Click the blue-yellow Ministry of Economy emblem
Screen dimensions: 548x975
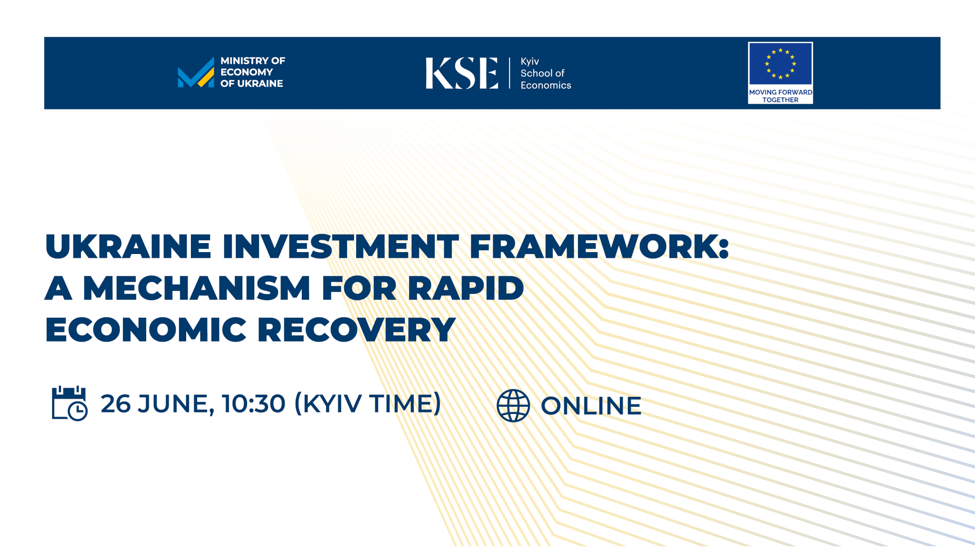[x=196, y=73]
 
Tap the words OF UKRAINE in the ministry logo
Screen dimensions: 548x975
[x=251, y=84]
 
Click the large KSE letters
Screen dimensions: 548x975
[x=461, y=73]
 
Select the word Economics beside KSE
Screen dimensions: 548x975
[x=546, y=85]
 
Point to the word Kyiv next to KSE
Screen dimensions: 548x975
[x=529, y=61]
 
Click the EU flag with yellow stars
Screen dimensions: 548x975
[x=780, y=64]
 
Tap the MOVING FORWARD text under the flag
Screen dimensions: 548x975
[x=780, y=92]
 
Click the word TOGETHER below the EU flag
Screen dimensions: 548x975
[x=780, y=100]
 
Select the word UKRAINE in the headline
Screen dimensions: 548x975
[x=128, y=246]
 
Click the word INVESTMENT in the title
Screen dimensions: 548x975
[x=340, y=246]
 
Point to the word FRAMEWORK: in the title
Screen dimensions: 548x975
[x=599, y=246]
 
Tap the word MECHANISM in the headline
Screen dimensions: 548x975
[x=197, y=288]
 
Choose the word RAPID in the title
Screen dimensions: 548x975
[x=466, y=288]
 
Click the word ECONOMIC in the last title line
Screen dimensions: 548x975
[x=146, y=330]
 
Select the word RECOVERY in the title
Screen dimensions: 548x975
[x=357, y=330]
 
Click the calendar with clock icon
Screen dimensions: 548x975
[x=70, y=403]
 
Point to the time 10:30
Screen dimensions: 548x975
[x=253, y=404]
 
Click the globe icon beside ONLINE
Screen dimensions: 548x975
[x=513, y=405]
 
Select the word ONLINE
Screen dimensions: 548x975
[x=591, y=406]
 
